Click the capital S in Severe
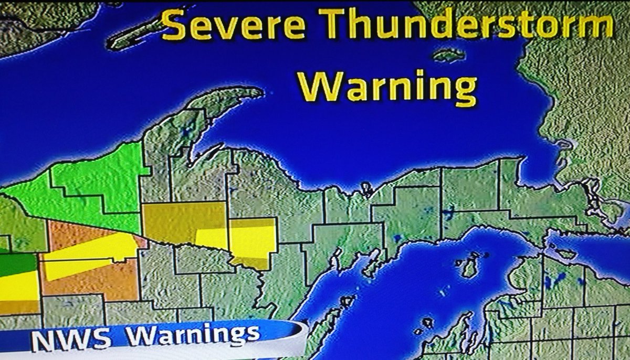pos(173,26)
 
